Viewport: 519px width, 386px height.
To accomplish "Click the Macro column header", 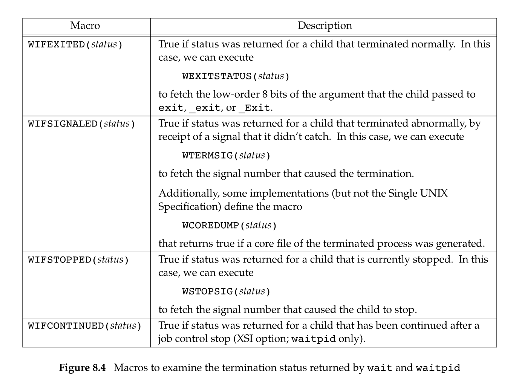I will click(85, 26).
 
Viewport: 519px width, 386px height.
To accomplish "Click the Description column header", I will click(325, 26).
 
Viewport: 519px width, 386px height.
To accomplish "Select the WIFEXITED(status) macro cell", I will click(75, 44).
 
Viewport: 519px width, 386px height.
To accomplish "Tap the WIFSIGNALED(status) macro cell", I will click(81, 124).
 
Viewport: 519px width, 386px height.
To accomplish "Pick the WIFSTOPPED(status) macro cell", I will click(78, 260).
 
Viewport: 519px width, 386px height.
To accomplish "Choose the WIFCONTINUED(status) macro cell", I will click(84, 326).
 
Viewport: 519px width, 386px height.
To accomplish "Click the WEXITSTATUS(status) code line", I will click(236, 76).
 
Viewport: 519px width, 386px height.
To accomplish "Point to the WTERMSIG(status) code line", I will click(227, 156).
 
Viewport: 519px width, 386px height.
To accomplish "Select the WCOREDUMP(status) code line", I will click(230, 226).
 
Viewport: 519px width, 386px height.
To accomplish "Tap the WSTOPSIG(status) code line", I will click(227, 291).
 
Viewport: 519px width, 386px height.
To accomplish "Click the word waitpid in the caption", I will click(438, 368).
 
